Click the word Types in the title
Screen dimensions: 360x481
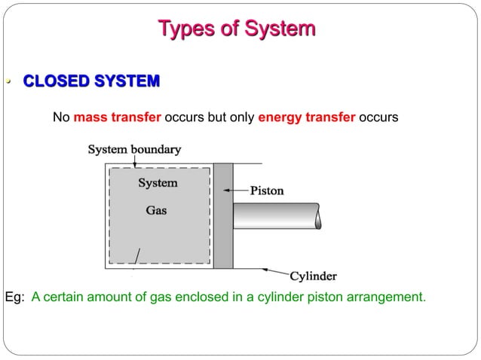pos(183,29)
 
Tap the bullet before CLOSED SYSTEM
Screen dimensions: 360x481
pos(8,81)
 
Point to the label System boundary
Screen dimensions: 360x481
pos(134,149)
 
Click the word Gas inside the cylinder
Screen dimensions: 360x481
pos(156,211)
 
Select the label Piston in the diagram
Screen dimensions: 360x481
pos(266,191)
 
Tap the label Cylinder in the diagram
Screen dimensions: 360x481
pos(313,276)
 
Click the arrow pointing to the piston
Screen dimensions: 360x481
pos(240,191)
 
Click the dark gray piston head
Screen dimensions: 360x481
pos(222,215)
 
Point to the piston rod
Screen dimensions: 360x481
pos(275,216)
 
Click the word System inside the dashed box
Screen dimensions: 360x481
pos(158,183)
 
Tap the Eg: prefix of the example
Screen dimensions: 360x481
pos(15,297)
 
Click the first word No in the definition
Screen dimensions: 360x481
pos(61,118)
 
